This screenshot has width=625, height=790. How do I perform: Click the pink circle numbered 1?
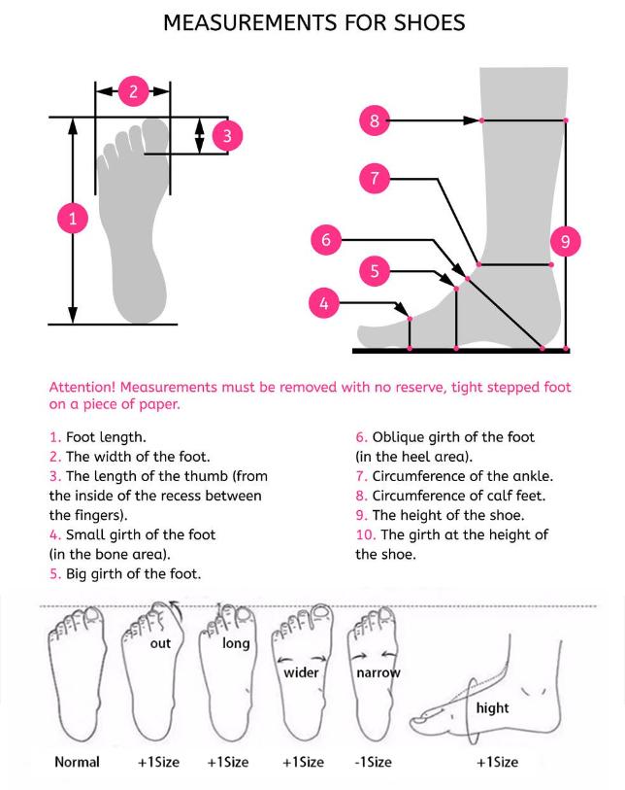pyautogui.click(x=72, y=219)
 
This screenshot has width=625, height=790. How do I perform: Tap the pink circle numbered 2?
pyautogui.click(x=134, y=92)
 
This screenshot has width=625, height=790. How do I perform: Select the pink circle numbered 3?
pyautogui.click(x=225, y=135)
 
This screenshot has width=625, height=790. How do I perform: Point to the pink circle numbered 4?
pyautogui.click(x=324, y=303)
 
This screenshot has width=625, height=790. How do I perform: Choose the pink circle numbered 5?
pyautogui.click(x=375, y=271)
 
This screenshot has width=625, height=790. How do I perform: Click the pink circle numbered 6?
pyautogui.click(x=326, y=238)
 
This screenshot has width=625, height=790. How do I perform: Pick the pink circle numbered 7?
pyautogui.click(x=375, y=179)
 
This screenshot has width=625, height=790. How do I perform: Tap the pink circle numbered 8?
pyautogui.click(x=375, y=121)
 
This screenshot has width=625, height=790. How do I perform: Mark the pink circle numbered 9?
pyautogui.click(x=565, y=239)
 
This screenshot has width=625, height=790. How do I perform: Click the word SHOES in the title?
pyautogui.click(x=420, y=22)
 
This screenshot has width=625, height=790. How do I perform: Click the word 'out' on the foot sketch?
pyautogui.click(x=161, y=643)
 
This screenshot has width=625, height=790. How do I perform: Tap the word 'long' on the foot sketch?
pyautogui.click(x=236, y=643)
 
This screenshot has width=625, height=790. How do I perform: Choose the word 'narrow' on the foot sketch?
pyautogui.click(x=378, y=672)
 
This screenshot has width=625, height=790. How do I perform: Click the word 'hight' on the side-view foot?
pyautogui.click(x=492, y=708)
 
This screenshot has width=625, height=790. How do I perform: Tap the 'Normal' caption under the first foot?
pyautogui.click(x=76, y=762)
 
